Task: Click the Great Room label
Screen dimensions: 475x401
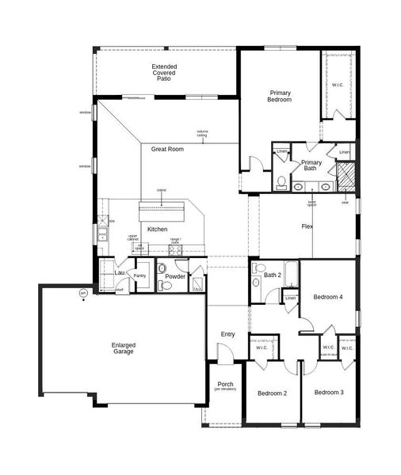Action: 167,149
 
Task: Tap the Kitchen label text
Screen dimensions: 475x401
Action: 157,230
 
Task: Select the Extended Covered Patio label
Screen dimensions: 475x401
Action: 165,73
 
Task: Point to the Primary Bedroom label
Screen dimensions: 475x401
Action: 280,96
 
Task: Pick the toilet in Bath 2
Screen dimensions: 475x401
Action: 256,282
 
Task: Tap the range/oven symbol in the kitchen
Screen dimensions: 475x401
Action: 174,250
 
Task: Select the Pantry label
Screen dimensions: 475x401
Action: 140,275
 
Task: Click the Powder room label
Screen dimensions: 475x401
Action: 175,276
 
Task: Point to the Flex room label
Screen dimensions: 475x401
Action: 307,226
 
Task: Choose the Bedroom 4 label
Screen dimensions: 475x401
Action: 327,297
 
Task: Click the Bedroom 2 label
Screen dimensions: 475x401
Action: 272,393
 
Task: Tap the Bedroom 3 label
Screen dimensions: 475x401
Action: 327,393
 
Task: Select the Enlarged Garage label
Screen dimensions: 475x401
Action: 123,348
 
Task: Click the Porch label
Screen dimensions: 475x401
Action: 225,386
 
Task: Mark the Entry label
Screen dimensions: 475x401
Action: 227,334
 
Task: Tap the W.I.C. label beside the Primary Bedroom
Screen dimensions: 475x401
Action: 337,85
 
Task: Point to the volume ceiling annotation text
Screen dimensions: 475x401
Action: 203,133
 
